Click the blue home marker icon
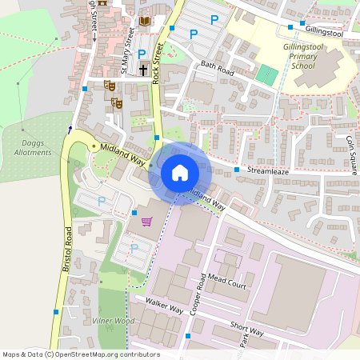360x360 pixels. pos(180,173)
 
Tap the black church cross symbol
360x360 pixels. pos(143,70)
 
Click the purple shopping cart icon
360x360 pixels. pos(146,222)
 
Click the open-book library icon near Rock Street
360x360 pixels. pos(144,21)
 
